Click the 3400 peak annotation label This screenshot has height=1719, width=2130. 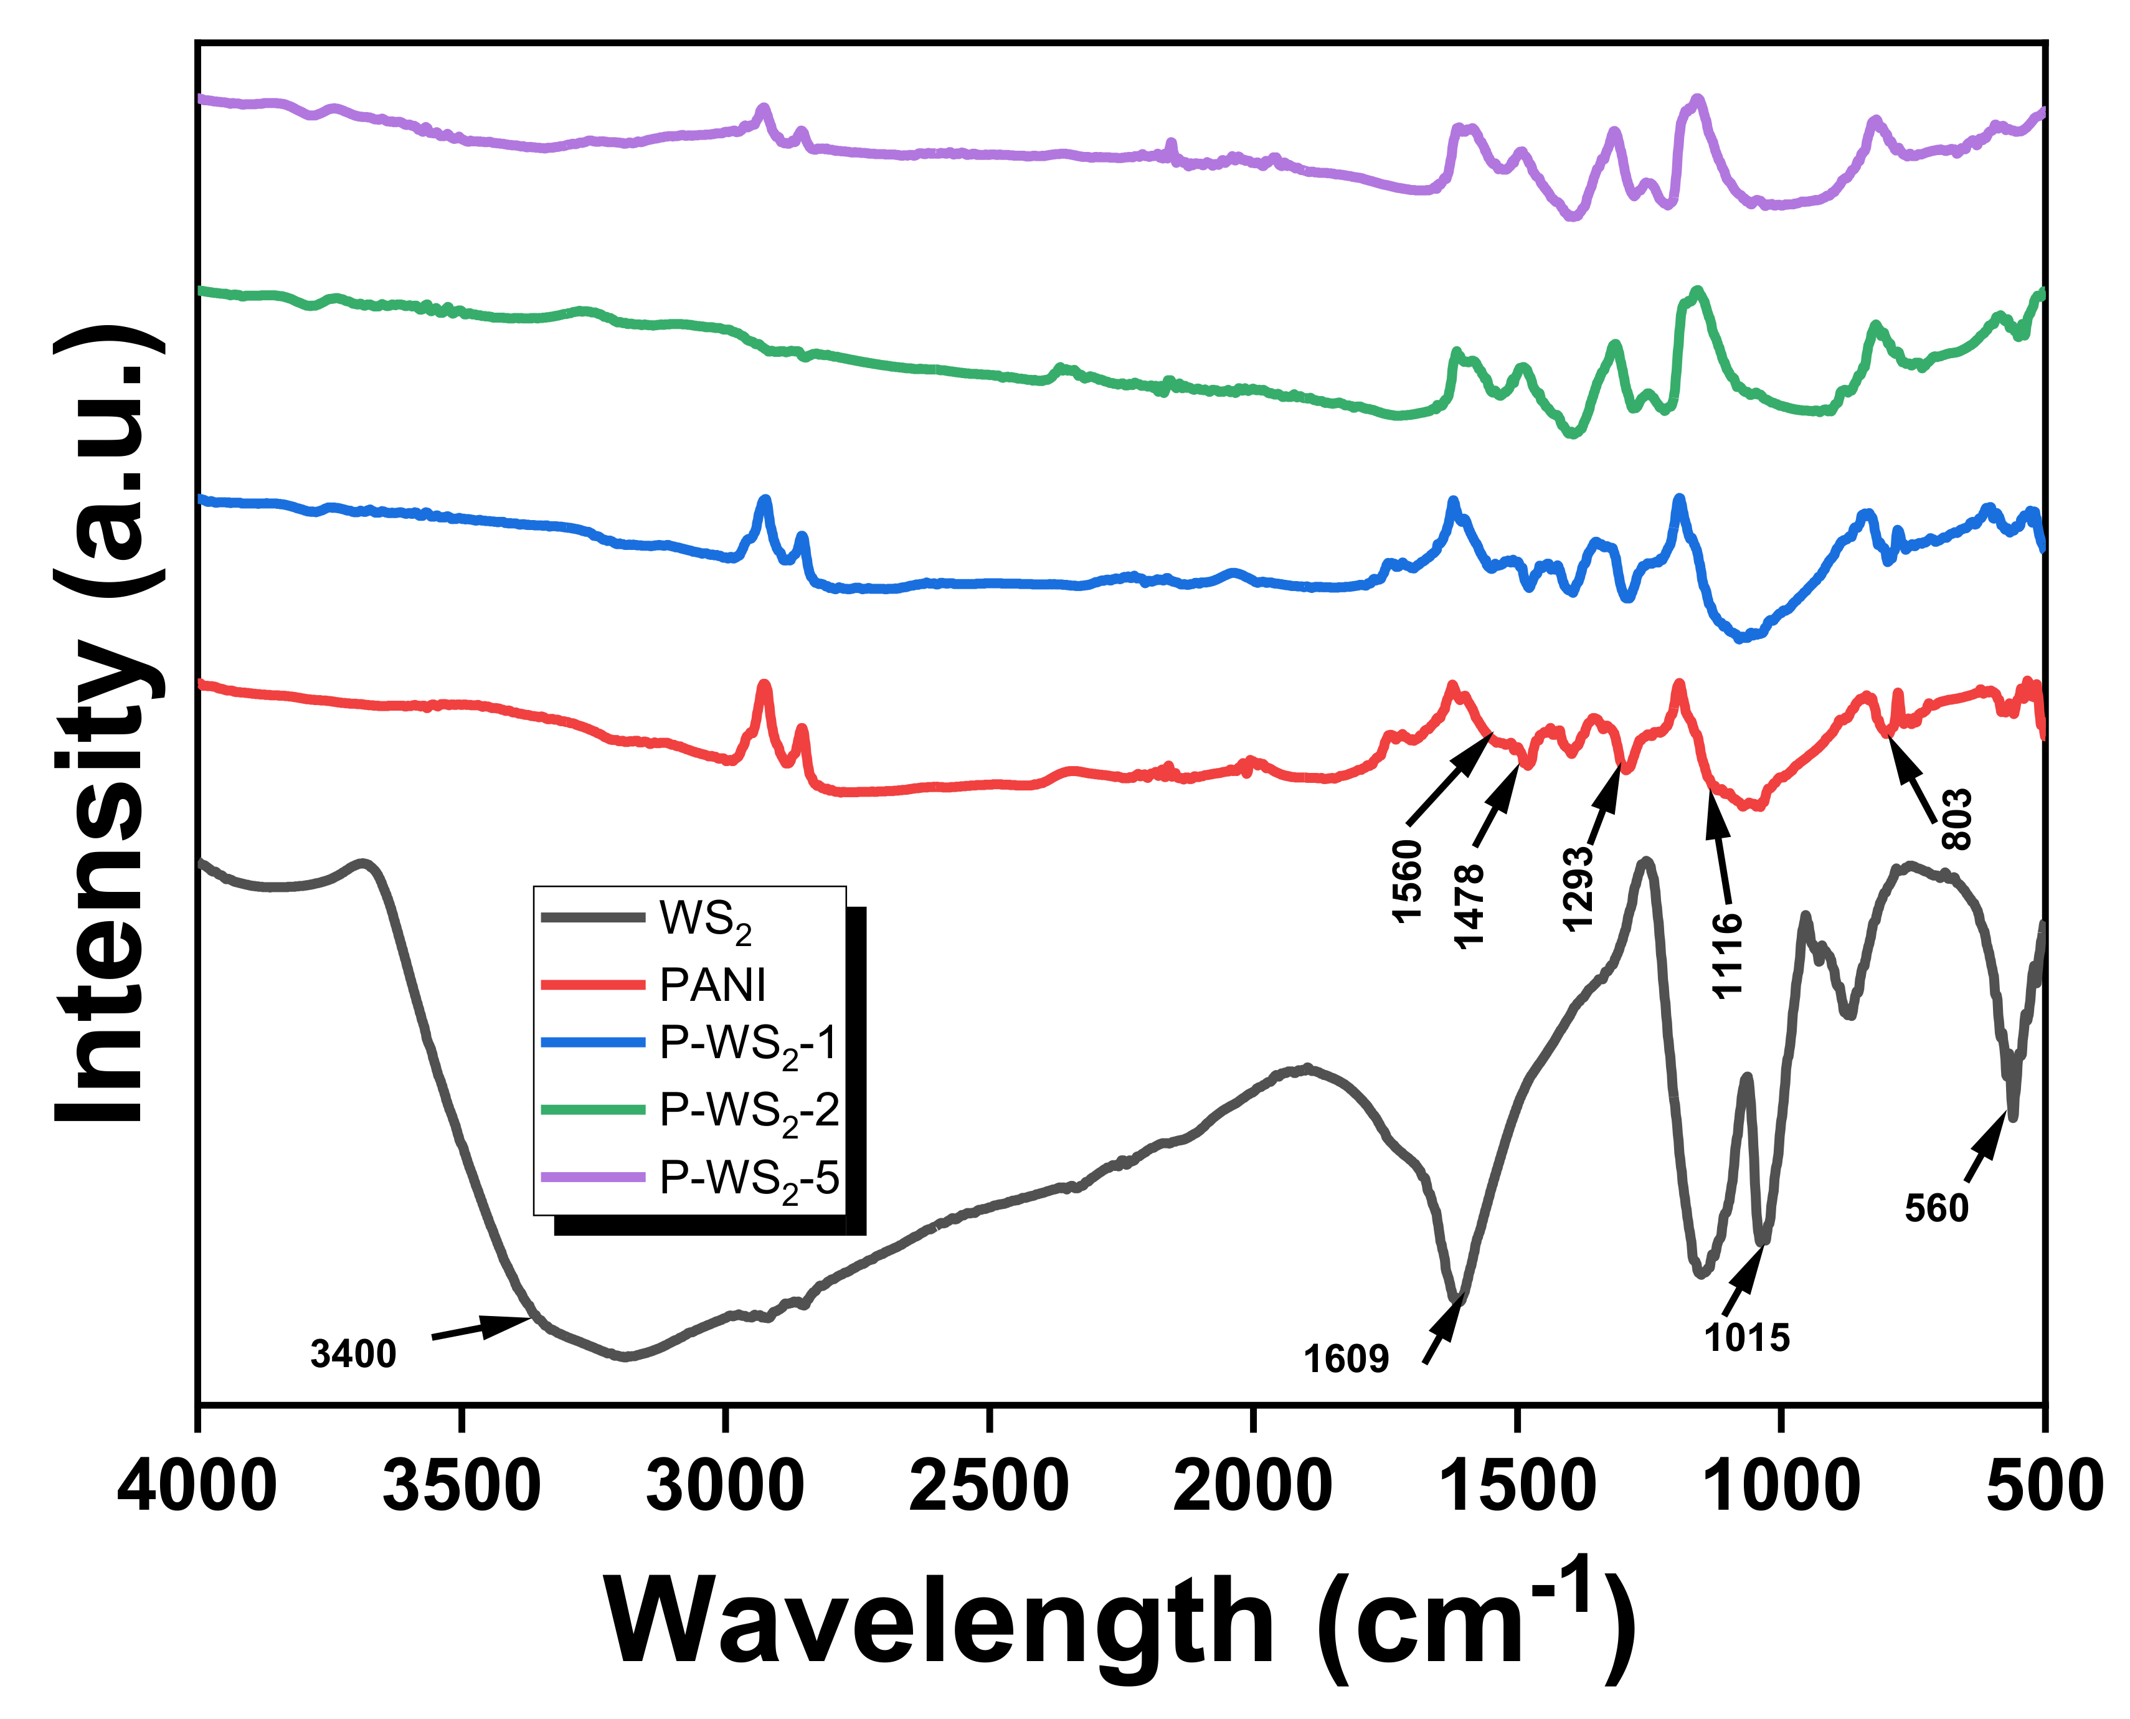354,1353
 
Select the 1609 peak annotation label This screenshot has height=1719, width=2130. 1346,1360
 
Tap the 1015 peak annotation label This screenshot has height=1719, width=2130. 1747,1338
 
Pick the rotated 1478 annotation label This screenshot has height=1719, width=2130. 1469,906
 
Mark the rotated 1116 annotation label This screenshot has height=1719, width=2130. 1728,955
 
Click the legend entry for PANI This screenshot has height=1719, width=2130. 713,984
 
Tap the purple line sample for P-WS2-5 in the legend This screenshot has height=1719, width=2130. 593,1177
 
